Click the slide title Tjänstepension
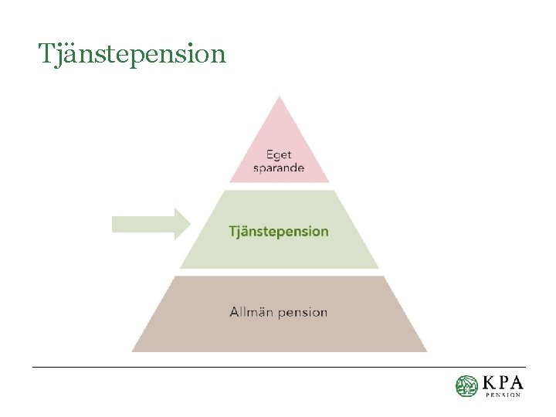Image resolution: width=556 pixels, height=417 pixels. [132, 54]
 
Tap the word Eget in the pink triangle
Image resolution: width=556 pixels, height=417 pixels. [279, 154]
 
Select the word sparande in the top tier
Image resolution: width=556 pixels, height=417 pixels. [279, 168]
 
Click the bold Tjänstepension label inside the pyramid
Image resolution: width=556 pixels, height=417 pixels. [279, 231]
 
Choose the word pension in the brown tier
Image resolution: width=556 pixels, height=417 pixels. [303, 313]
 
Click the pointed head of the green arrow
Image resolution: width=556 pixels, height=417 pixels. [181, 224]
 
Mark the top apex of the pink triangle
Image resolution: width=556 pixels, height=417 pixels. [279, 97]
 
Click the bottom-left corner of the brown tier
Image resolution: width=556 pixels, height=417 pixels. [133, 351]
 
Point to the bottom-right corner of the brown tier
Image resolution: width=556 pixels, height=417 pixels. [425, 351]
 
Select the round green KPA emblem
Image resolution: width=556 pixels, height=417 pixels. [466, 386]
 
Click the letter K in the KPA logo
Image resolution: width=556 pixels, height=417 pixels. [490, 383]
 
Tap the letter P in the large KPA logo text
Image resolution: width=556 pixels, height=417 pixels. [503, 383]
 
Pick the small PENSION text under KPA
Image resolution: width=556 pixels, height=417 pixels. [503, 395]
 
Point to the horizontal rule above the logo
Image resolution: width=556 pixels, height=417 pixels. [278, 367]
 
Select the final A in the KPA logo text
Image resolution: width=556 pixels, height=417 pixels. [516, 383]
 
